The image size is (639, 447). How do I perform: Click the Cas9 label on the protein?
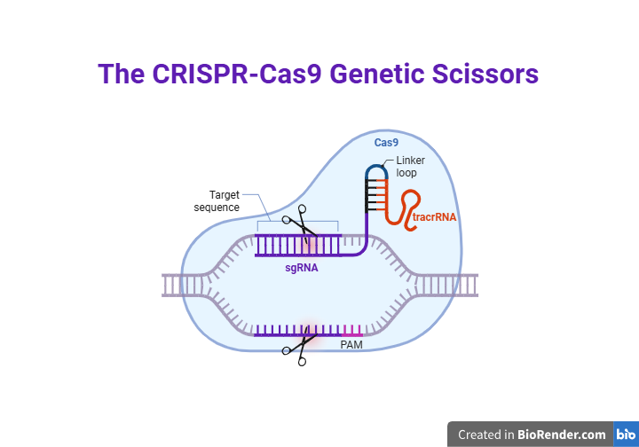pos(386,143)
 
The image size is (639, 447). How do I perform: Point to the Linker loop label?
pos(410,167)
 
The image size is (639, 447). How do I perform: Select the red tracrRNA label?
pos(434,216)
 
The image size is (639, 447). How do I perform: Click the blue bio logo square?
pos(626,435)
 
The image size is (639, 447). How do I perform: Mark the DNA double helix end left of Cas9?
pos(173,285)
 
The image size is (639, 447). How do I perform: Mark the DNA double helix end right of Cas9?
pos(469,285)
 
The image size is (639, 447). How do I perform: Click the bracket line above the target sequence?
pos(297,221)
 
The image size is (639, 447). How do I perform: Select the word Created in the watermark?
pos(485,435)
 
